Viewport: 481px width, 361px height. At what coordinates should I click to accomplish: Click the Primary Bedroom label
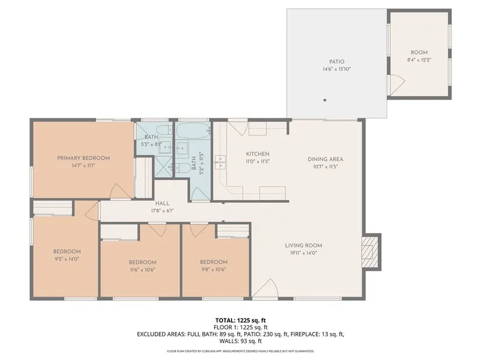tap(83, 158)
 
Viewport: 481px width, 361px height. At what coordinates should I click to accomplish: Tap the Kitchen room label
tap(258, 154)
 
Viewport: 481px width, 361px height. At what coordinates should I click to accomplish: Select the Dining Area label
tap(325, 159)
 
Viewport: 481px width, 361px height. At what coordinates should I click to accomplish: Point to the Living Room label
tap(303, 246)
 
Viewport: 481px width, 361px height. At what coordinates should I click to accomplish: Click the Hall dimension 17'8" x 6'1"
tap(162, 211)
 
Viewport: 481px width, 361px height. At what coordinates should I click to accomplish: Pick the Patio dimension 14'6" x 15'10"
tap(336, 69)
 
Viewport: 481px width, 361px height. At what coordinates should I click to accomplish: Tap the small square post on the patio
tap(325, 100)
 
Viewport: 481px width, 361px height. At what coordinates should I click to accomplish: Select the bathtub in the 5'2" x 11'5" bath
tap(193, 131)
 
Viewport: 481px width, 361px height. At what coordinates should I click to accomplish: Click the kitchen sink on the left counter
tap(220, 162)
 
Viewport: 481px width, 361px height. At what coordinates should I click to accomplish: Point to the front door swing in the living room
tap(265, 288)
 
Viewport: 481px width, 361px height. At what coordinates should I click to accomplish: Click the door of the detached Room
tap(397, 85)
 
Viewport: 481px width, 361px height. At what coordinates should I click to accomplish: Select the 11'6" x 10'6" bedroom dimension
tap(143, 270)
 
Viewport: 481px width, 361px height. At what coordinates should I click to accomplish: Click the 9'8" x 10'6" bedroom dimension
tap(213, 269)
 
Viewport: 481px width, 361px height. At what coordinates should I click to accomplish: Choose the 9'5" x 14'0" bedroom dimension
tap(67, 259)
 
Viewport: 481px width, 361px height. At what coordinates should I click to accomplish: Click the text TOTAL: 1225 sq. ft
tap(240, 321)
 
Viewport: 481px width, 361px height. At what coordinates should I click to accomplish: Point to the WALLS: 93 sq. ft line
tap(240, 341)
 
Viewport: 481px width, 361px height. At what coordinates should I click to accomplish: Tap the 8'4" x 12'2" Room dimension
tap(419, 60)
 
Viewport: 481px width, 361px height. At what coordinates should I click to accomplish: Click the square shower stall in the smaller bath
tap(163, 167)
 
